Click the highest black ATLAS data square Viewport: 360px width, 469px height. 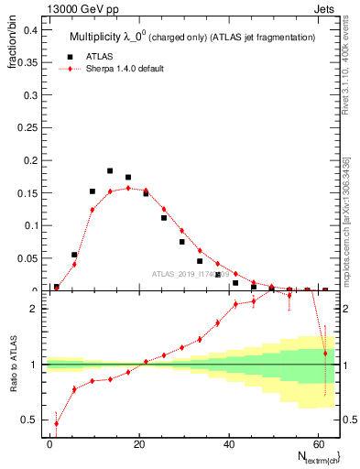point(110,170)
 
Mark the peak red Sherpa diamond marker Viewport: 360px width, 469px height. point(128,188)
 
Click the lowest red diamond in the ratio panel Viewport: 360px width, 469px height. point(57,423)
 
